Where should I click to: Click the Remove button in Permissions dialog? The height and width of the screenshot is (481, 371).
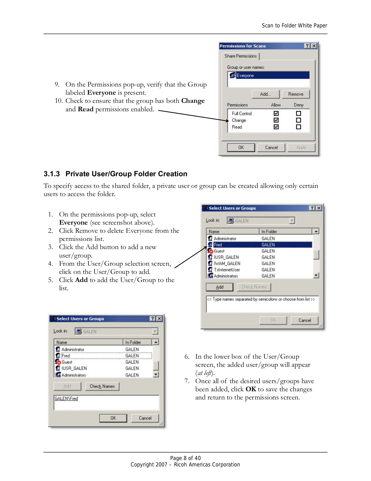(x=296, y=94)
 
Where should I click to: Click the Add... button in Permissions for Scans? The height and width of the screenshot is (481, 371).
(x=265, y=94)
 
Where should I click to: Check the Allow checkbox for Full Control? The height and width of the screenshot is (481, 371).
(x=276, y=113)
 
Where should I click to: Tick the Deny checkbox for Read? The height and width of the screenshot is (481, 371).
(x=298, y=127)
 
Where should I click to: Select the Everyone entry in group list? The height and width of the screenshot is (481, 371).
(x=245, y=75)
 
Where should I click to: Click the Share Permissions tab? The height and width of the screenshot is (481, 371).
(x=240, y=56)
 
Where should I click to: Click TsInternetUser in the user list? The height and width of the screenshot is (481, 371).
(x=227, y=270)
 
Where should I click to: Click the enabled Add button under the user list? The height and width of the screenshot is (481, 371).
(x=219, y=287)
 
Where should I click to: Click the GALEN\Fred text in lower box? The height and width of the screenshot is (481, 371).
(x=66, y=398)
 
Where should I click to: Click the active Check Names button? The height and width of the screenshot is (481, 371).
(x=102, y=386)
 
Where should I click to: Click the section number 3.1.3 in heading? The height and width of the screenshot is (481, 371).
(x=52, y=174)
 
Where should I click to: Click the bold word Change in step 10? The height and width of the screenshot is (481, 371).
(x=193, y=101)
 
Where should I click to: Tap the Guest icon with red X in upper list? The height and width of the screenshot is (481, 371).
(x=210, y=251)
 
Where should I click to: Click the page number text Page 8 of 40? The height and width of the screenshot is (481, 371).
(x=185, y=458)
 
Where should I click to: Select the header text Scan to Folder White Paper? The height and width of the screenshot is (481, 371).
(x=294, y=26)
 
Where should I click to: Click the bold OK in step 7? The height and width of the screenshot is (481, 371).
(x=251, y=389)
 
